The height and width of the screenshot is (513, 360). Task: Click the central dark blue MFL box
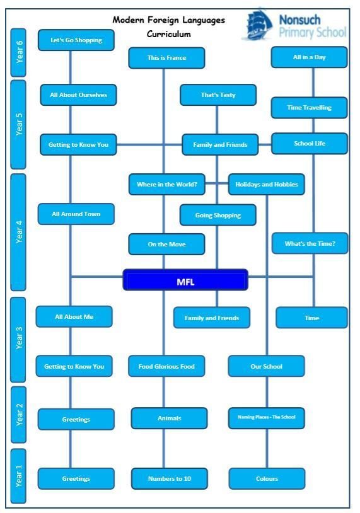pos(185,280)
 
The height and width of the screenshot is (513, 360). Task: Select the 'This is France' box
pos(166,58)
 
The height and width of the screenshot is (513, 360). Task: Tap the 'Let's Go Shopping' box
pos(76,40)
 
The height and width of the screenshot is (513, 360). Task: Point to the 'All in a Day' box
pos(310,57)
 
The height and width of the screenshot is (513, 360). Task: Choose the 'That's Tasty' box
pos(218,95)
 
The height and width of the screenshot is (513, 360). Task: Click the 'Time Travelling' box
pos(310,108)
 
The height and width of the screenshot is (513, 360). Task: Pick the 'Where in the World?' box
pos(167,185)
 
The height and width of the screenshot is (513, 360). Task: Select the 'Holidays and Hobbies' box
pos(267,185)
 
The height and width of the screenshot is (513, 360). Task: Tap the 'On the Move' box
pos(166,245)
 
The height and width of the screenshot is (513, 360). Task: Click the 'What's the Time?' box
pos(310,243)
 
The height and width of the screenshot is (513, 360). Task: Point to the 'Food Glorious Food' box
pos(166,366)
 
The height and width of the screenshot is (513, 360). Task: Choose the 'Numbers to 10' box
pos(170,478)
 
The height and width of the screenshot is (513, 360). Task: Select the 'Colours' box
pos(267,478)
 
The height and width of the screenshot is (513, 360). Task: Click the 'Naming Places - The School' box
pos(267,418)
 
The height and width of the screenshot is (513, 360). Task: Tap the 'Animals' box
pos(169,418)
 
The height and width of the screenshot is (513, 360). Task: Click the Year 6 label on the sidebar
pos(19,53)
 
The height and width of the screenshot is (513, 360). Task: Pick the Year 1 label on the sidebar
pos(19,476)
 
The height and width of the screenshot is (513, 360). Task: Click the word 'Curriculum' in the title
pos(168,34)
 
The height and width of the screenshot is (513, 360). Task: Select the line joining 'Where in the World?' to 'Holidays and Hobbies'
pos(217,183)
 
